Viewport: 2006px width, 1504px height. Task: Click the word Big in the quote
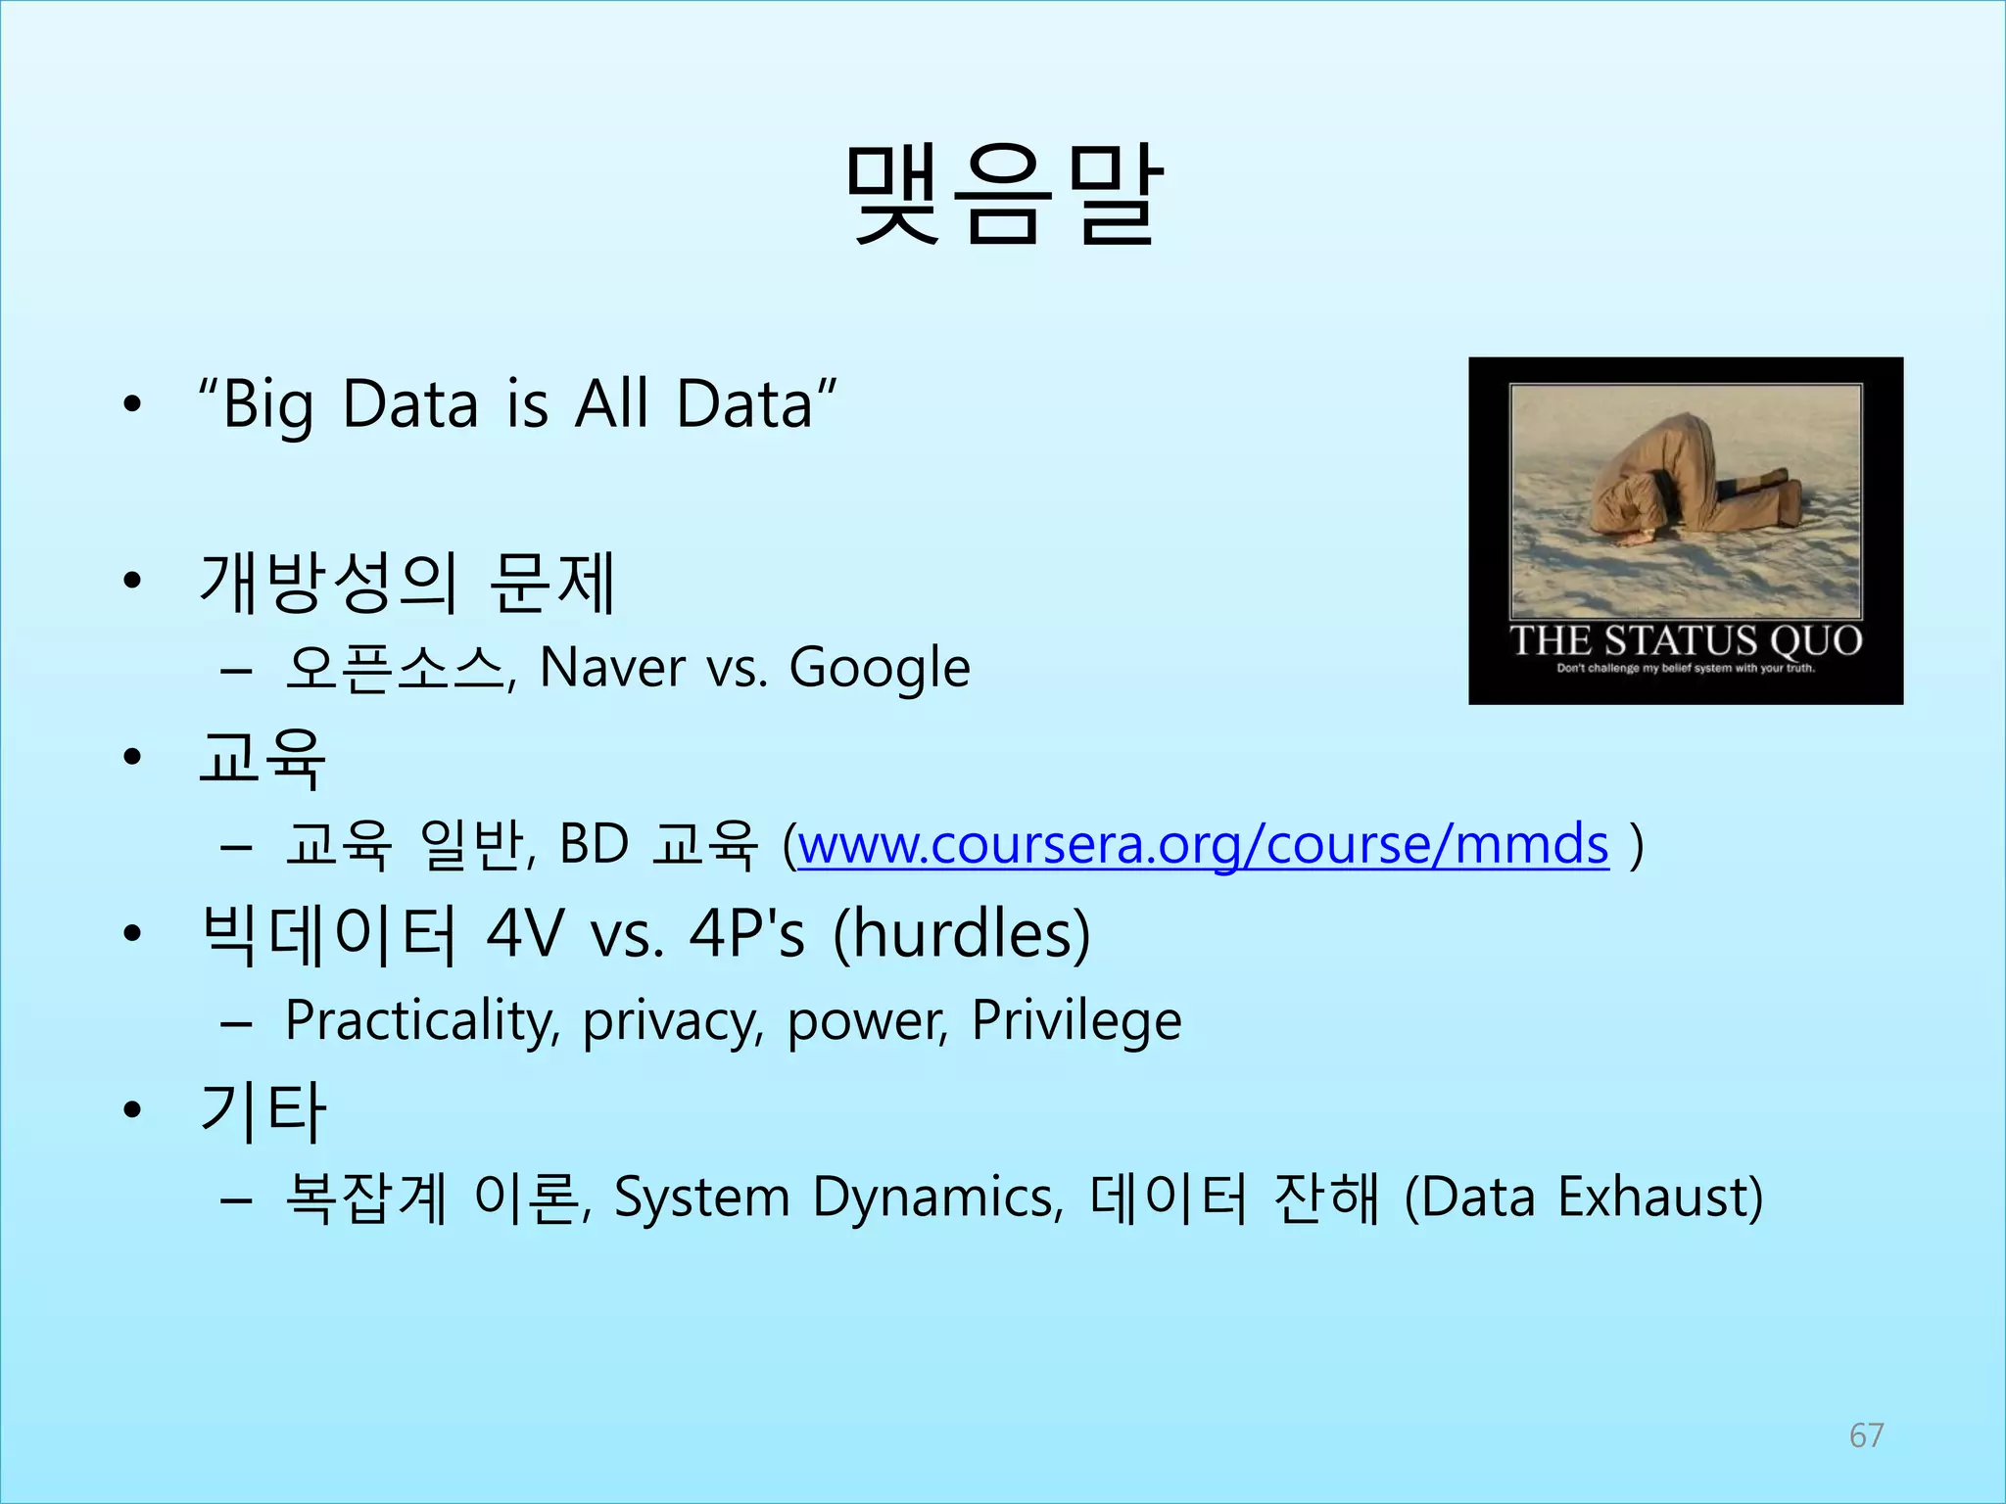click(267, 404)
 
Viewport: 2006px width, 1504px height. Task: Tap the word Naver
click(612, 668)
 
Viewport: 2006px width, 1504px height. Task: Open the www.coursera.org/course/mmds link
click(1203, 844)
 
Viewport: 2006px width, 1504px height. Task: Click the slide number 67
click(1866, 1435)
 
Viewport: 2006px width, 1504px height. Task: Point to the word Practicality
click(422, 1021)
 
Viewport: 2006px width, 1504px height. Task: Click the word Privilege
click(1075, 1021)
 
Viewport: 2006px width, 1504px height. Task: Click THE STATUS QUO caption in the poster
click(1685, 640)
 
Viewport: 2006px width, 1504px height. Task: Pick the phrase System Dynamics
click(837, 1198)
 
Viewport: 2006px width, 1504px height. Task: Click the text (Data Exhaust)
click(1583, 1198)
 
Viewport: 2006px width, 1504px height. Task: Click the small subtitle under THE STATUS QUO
click(1685, 669)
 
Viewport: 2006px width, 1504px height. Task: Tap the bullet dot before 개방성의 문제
click(132, 582)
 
